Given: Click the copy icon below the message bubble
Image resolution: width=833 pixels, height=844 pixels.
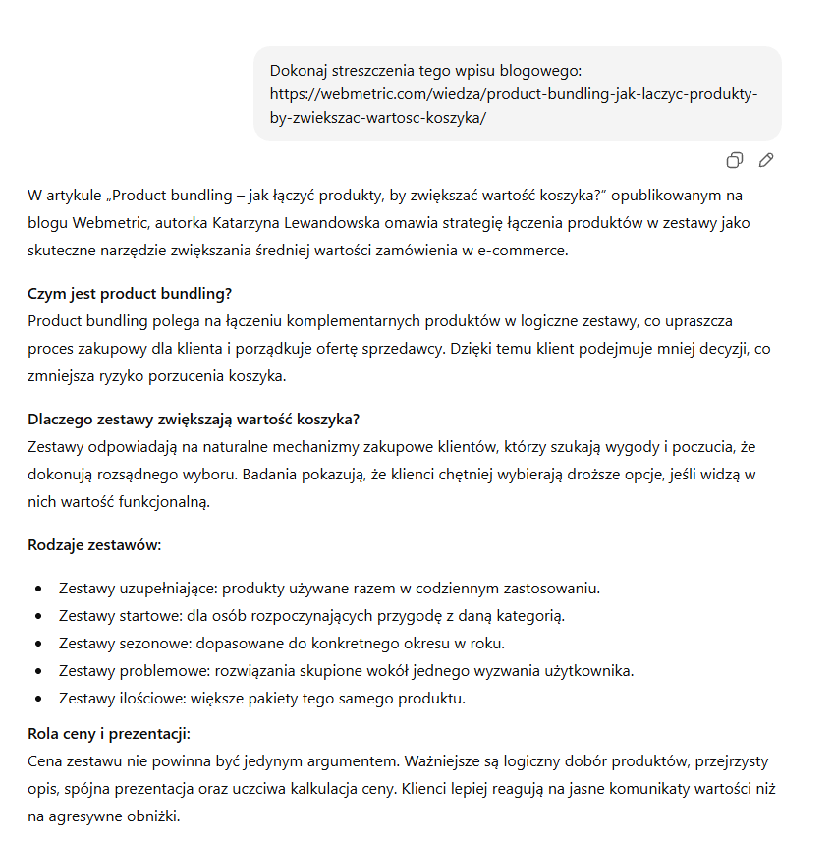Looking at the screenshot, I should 734,160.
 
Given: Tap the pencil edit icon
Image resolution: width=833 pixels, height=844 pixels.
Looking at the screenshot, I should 766,160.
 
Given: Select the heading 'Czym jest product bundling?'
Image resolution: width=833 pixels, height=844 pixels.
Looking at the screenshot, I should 130,294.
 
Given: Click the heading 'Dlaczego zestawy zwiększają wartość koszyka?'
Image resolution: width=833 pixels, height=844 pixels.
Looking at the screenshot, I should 194,420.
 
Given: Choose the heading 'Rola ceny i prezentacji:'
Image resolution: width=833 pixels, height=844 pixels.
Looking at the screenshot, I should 108,734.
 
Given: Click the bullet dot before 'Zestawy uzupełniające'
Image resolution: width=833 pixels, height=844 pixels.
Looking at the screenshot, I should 38,589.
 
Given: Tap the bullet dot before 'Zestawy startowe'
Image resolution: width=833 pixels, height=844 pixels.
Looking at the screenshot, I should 38,616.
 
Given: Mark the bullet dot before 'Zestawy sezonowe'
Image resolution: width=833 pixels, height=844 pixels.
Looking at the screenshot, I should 38,644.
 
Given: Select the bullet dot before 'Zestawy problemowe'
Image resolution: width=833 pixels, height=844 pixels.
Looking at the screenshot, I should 38,671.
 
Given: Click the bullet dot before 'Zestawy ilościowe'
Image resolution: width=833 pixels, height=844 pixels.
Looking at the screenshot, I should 38,699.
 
